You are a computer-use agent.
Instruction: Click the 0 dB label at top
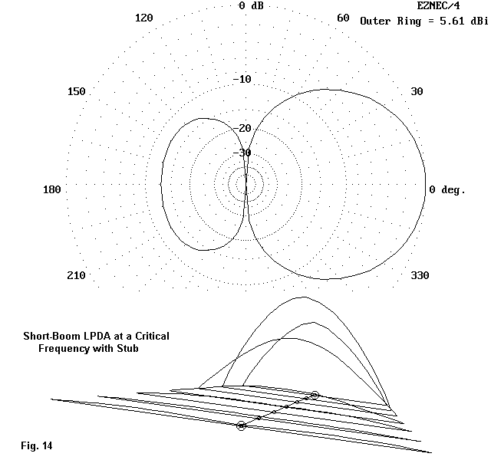(252, 6)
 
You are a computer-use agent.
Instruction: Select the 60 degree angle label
(344, 18)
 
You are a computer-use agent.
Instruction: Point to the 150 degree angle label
(76, 92)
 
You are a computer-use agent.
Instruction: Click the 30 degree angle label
(417, 92)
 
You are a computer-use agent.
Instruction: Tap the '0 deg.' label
(447, 190)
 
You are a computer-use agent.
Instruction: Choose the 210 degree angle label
(76, 276)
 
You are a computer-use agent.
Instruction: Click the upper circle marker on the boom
(315, 395)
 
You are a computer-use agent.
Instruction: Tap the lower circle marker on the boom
(242, 425)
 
